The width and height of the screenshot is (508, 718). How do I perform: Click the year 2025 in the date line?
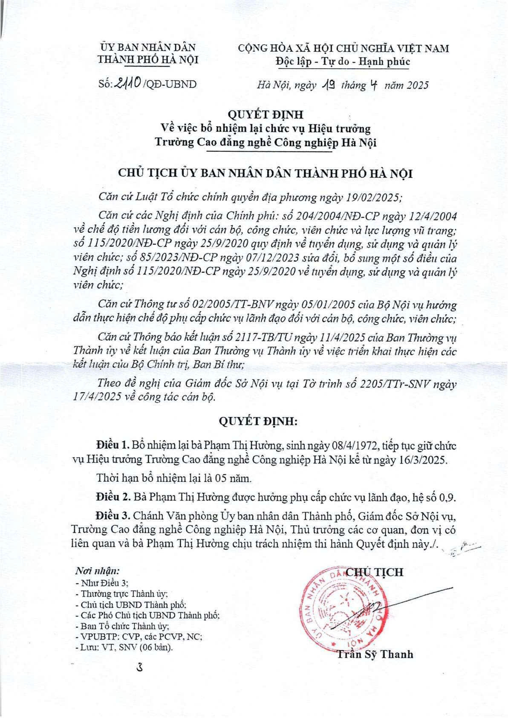[x=417, y=85]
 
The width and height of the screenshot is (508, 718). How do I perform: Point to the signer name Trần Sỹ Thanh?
[x=375, y=654]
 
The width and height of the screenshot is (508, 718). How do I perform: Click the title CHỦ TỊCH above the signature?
[x=374, y=572]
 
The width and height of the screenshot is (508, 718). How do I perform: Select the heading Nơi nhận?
[x=97, y=570]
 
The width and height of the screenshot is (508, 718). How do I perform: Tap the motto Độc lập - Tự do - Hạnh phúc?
[x=343, y=62]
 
